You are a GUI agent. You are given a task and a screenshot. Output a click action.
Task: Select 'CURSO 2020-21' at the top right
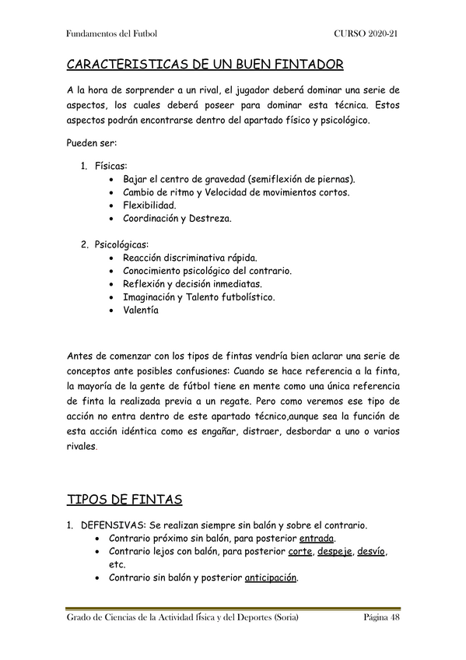(x=367, y=34)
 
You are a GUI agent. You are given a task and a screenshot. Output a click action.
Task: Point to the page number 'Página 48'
(x=381, y=617)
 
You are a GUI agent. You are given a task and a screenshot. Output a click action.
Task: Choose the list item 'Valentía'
(x=141, y=310)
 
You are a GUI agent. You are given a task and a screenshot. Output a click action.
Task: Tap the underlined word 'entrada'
(x=317, y=538)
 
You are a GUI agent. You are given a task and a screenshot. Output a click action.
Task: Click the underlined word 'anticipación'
(x=272, y=577)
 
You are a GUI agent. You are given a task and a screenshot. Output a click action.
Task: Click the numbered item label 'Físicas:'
(x=112, y=166)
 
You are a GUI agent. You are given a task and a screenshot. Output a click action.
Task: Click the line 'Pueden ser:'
(x=92, y=142)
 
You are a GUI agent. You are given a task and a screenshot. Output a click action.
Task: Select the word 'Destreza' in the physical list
(x=208, y=218)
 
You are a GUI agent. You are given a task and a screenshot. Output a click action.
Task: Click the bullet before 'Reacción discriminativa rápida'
(x=114, y=258)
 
